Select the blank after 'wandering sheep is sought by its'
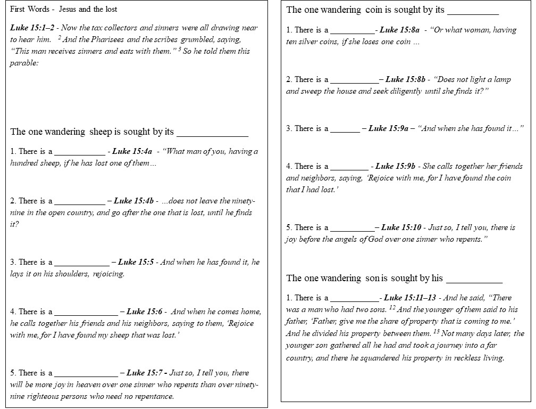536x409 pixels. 212,133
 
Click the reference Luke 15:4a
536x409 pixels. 132,151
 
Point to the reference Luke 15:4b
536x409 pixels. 133,201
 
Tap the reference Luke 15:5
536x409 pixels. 136,262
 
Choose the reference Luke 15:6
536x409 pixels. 144,312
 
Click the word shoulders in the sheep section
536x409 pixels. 72,274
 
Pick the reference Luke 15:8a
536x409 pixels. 399,30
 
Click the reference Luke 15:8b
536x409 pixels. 406,79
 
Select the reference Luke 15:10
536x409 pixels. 401,227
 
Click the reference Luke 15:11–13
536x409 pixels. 410,298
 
